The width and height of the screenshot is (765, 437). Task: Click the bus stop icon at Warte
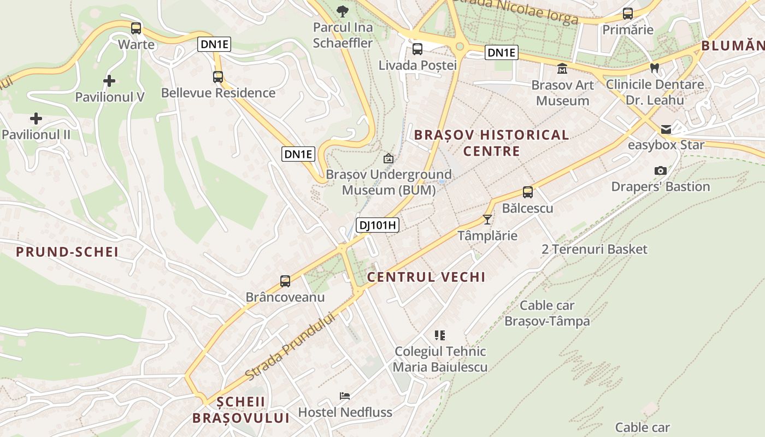[136, 28]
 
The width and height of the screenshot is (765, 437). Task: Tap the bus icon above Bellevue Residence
[218, 77]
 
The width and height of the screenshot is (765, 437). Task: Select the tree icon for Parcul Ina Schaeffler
[343, 11]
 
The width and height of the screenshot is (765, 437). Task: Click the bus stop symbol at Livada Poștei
[417, 49]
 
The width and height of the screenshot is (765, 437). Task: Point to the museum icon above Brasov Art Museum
[562, 69]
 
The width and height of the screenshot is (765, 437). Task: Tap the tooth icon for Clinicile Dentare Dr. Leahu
[655, 68]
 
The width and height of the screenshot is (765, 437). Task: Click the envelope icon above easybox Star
[666, 129]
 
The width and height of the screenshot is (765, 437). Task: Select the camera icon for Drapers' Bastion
[661, 171]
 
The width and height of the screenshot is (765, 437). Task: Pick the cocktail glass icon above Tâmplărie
[487, 220]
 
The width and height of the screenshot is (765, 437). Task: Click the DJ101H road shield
[378, 225]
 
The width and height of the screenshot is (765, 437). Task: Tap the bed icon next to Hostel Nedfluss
[345, 396]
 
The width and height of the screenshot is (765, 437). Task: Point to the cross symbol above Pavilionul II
[36, 119]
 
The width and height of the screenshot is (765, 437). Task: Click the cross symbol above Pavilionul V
[109, 81]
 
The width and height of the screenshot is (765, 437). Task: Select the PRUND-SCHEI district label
[67, 252]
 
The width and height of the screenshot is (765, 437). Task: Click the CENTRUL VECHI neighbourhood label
[426, 277]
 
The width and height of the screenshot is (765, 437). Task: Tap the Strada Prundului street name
[290, 346]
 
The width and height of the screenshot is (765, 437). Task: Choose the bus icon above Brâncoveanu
[285, 281]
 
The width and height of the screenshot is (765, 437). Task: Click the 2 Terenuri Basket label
[595, 250]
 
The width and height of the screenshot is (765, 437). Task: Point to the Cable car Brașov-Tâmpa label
[547, 313]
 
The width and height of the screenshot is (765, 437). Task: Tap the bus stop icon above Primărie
[628, 14]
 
